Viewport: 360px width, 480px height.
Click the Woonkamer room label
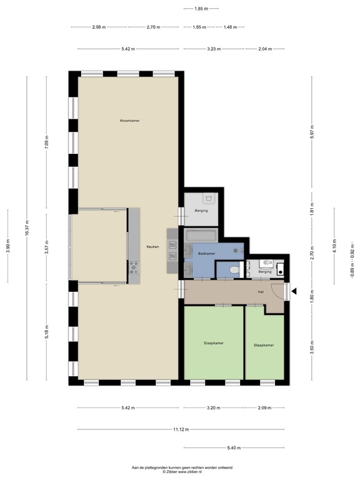129,120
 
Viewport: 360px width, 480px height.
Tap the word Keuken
152,247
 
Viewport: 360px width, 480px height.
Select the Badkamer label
206,253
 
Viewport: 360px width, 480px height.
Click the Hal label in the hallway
261,292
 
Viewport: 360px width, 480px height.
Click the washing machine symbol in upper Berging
209,200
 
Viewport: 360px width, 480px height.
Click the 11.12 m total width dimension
181,429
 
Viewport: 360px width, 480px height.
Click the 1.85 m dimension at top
201,9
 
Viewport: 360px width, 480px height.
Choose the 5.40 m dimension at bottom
234,447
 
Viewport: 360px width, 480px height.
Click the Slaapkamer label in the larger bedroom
214,343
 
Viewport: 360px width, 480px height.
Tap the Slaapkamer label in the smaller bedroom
264,345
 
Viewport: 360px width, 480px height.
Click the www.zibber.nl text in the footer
188,472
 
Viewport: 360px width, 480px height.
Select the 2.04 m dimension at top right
265,48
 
